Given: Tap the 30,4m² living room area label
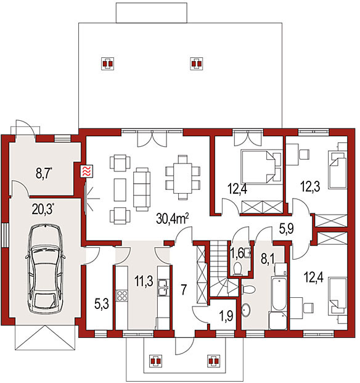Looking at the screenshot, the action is click(173, 218).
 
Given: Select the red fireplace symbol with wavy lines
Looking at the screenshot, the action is click(88, 171).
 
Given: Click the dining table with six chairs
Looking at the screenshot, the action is click(182, 178).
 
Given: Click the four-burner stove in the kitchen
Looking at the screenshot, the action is click(122, 295).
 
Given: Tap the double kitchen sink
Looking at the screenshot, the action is click(163, 287).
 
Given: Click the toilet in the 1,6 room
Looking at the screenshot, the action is click(237, 269).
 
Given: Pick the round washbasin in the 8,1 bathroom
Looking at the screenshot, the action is click(246, 310).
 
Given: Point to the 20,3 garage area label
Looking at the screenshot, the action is click(42, 209).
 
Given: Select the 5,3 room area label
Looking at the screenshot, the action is click(102, 304).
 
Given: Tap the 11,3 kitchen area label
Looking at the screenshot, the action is click(144, 281).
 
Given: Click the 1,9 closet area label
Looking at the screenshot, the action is click(226, 316).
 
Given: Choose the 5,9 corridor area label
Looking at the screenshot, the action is click(286, 229).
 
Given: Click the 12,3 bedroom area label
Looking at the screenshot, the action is click(310, 186).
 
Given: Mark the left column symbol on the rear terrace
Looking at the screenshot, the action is click(108, 64).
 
